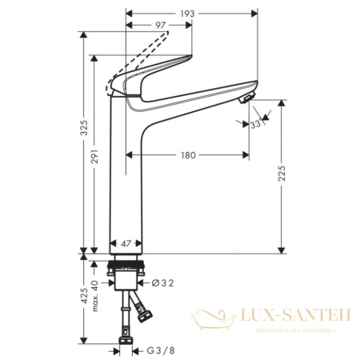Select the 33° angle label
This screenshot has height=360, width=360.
tap(255, 124)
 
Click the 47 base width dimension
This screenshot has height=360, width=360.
tap(126, 241)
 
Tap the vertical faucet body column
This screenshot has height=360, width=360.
tap(126, 176)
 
